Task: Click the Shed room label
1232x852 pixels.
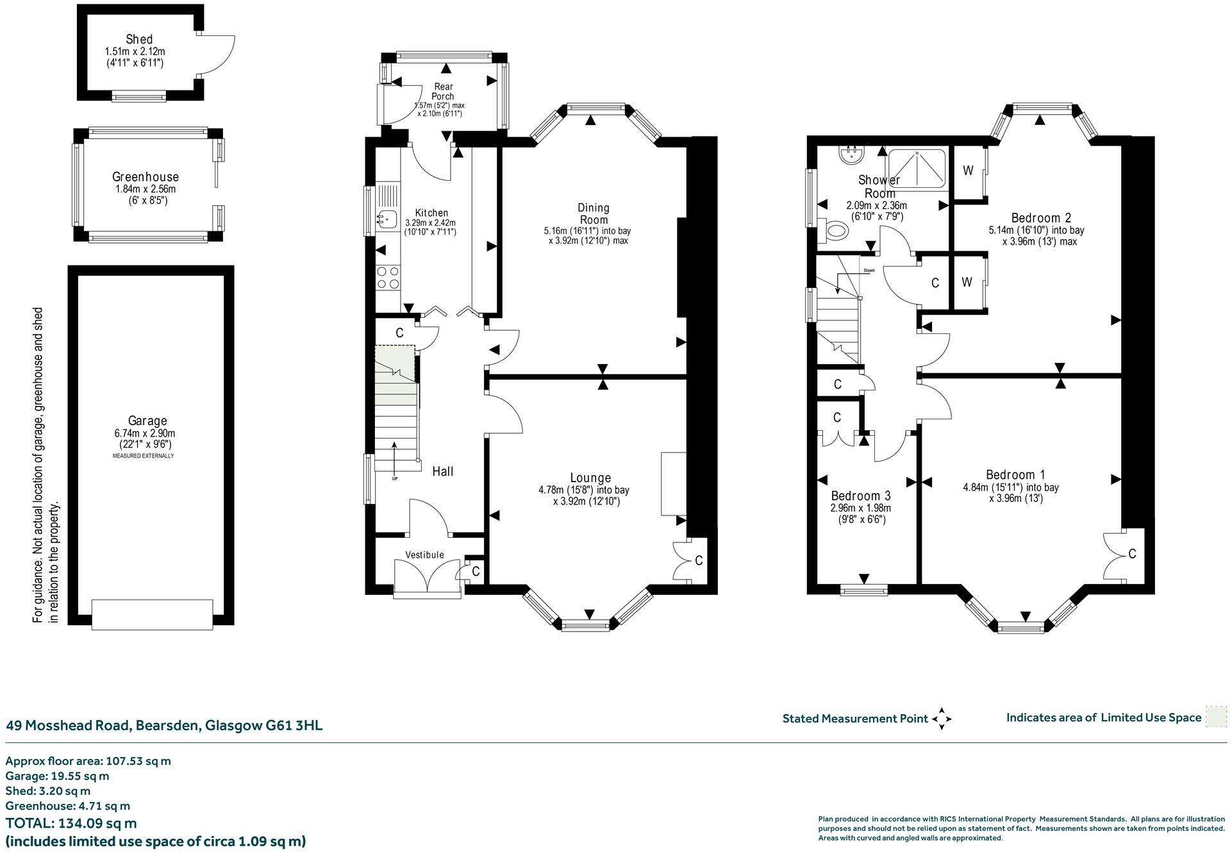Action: pyautogui.click(x=139, y=39)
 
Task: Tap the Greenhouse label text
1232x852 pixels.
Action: pyautogui.click(x=146, y=177)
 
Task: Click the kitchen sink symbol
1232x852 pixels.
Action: pyautogui.click(x=387, y=219)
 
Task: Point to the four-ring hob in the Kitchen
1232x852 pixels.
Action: pyautogui.click(x=387, y=277)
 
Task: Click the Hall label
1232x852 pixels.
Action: pyautogui.click(x=442, y=472)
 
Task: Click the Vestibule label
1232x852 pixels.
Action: pyautogui.click(x=424, y=555)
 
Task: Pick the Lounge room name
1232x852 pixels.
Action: pyautogui.click(x=590, y=478)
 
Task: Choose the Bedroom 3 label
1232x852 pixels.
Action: pyautogui.click(x=860, y=496)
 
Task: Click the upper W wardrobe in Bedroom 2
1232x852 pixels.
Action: pyautogui.click(x=968, y=171)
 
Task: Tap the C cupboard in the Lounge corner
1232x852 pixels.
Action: pyautogui.click(x=698, y=560)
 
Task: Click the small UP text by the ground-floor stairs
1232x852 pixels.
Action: pyautogui.click(x=394, y=478)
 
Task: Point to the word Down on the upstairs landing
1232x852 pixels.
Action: pyautogui.click(x=869, y=271)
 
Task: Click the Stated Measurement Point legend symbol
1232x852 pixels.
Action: pyautogui.click(x=941, y=719)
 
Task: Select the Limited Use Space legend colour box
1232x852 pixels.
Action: pyautogui.click(x=1215, y=717)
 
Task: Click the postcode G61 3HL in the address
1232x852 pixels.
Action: pyautogui.click(x=294, y=726)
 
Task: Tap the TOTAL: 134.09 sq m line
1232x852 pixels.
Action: pyautogui.click(x=71, y=823)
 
